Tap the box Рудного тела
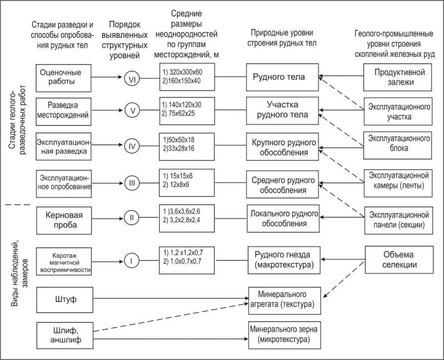coord(282,77)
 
